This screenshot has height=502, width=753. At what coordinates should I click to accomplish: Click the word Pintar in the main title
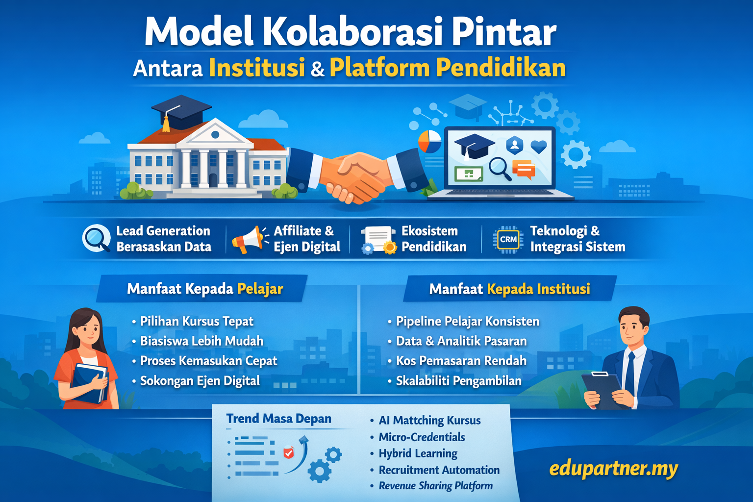503,32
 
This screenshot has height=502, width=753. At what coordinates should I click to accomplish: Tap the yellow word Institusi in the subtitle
257,68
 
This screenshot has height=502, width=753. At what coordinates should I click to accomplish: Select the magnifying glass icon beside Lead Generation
96,238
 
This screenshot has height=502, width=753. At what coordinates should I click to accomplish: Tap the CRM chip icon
508,240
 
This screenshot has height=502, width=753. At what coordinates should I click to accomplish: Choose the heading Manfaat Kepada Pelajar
205,289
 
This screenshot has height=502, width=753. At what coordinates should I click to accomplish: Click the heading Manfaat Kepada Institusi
509,289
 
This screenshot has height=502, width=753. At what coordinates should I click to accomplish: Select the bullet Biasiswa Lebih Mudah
201,341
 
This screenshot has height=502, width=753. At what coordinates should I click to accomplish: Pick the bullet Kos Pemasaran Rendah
461,361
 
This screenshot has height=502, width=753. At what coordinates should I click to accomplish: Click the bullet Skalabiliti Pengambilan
458,381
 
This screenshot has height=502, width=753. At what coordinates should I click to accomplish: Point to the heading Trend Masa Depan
278,419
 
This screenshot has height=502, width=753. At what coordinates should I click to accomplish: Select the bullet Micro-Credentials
422,437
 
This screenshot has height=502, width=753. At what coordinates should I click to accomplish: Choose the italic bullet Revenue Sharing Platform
435,486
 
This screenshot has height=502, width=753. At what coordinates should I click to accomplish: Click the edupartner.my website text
613,469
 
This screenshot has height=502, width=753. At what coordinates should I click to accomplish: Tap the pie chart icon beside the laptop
430,141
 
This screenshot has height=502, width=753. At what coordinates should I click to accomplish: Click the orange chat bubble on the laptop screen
524,169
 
